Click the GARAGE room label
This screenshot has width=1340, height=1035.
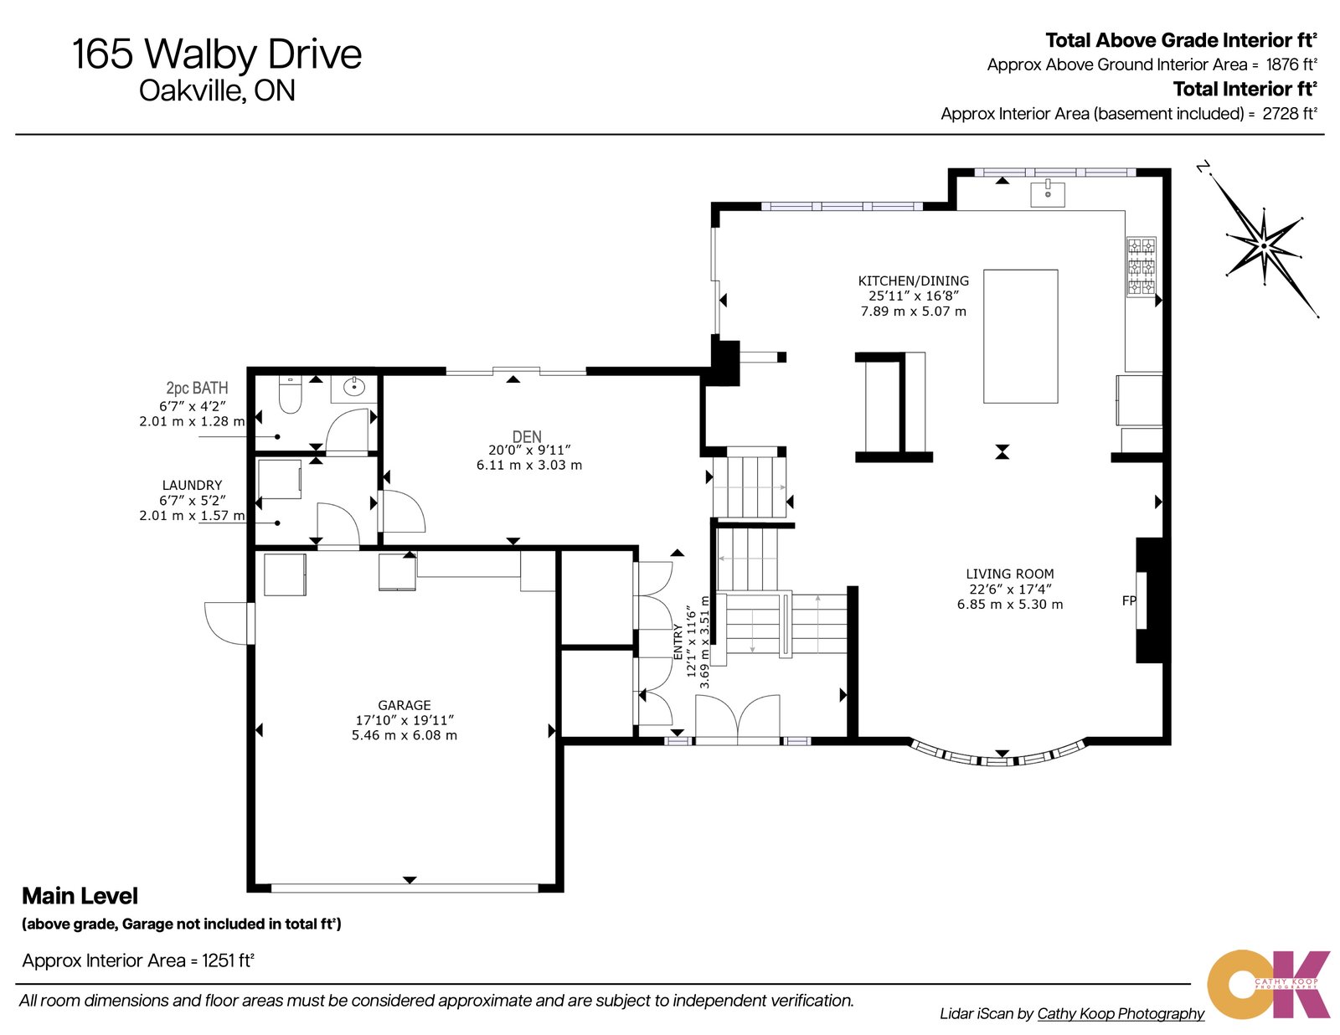click(405, 706)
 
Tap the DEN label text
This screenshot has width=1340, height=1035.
click(527, 436)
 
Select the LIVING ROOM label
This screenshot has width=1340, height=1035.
click(1009, 574)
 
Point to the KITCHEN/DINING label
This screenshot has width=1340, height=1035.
click(913, 281)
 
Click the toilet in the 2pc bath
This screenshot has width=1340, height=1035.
click(290, 395)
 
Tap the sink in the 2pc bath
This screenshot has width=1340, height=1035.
click(355, 387)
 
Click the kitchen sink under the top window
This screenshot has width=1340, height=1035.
click(1047, 193)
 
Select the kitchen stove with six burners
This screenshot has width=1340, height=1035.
click(1140, 267)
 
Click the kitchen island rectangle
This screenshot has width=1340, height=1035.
click(1020, 336)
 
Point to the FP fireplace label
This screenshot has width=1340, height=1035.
click(1128, 600)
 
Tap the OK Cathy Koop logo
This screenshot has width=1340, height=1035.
click(1268, 984)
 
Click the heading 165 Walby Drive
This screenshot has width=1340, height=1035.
click(217, 54)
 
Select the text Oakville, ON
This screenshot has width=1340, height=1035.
click(217, 90)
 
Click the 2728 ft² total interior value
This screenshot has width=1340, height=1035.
click(1289, 114)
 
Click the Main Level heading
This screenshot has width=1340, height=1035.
click(80, 896)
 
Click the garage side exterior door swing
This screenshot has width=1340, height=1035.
click(225, 624)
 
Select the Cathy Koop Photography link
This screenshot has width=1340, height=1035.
click(1120, 1013)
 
